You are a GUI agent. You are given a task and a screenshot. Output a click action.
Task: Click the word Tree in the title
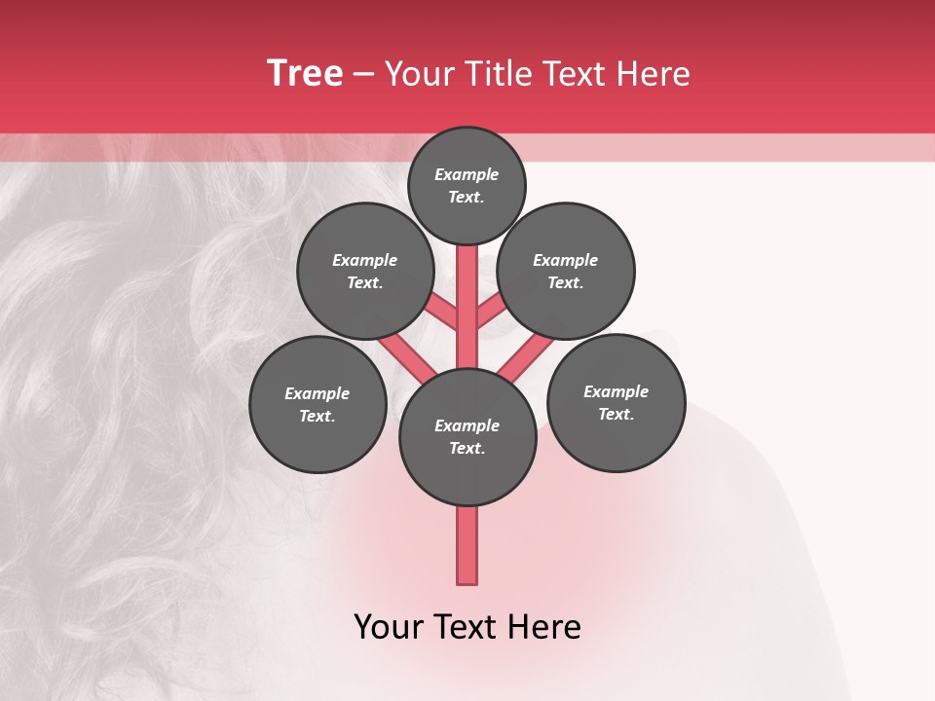pos(305,74)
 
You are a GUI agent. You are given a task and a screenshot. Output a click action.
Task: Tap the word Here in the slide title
pos(652,74)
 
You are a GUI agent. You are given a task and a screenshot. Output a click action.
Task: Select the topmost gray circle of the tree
pos(467,185)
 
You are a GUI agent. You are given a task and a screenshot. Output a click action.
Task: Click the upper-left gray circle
pos(365,271)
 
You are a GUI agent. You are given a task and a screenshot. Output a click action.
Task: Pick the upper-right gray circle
pos(566,271)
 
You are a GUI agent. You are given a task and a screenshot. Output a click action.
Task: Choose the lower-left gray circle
pos(318,404)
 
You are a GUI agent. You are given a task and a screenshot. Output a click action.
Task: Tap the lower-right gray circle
pos(616,402)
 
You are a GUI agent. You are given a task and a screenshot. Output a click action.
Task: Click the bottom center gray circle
pos(467,436)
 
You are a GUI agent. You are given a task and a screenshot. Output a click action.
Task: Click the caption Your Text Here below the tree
pos(467,627)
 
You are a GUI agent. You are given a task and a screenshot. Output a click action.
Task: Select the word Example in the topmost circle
pos(467,175)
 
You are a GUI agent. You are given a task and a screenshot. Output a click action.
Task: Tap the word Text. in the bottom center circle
pos(467,449)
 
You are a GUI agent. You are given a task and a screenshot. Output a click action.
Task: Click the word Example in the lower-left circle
pos(318,393)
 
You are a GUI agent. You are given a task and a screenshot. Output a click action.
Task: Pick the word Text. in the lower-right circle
pos(616,415)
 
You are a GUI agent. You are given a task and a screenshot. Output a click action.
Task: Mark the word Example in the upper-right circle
pos(566,260)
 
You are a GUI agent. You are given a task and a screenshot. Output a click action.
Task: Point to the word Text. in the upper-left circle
pos(365,283)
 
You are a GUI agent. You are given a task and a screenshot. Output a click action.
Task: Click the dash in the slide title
pos(363,74)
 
